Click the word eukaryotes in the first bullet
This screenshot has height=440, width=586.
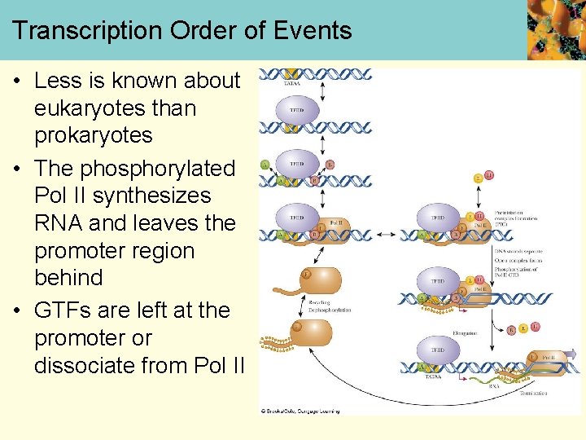(x=115, y=108)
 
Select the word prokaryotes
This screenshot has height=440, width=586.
(x=93, y=134)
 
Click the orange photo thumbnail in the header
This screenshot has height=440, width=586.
(x=556, y=30)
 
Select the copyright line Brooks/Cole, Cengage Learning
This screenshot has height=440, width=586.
(x=300, y=411)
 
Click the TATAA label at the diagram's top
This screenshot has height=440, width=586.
(x=290, y=82)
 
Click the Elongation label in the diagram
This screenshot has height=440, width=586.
(x=466, y=332)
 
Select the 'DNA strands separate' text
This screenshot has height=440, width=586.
(x=515, y=252)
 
